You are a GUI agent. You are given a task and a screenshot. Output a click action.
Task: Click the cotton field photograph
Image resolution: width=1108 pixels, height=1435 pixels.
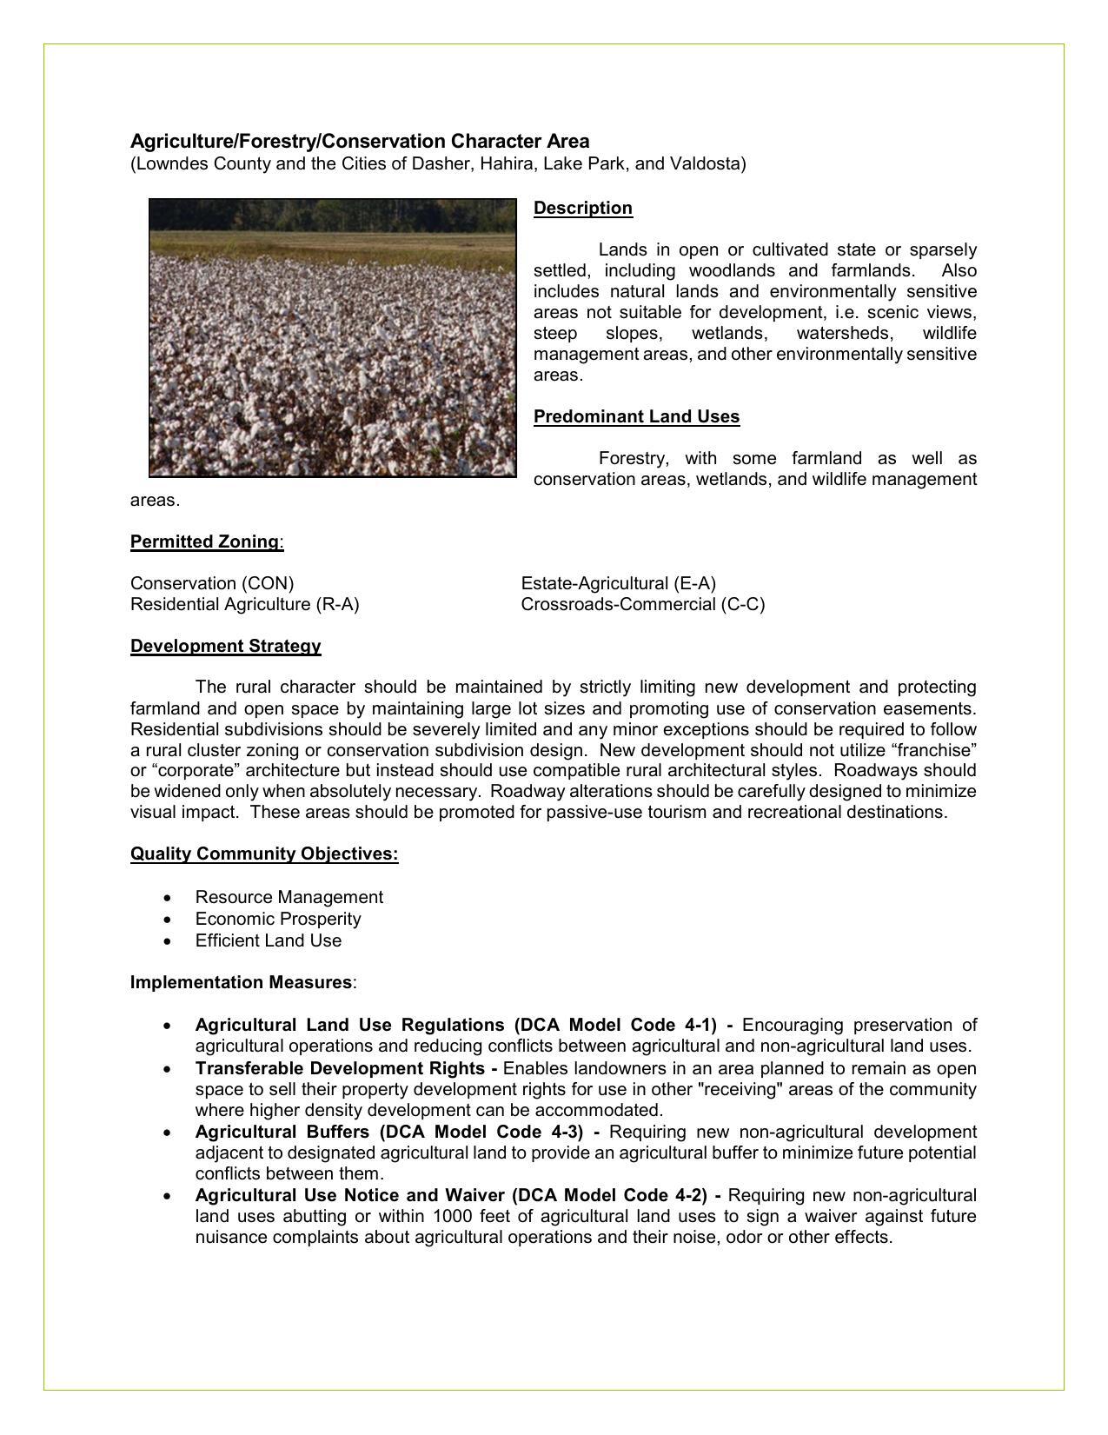tap(333, 337)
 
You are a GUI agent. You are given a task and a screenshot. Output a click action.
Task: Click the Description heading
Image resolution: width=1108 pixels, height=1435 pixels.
tap(582, 208)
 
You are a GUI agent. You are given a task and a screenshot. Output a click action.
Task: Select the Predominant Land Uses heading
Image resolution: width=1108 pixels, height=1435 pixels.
tap(636, 416)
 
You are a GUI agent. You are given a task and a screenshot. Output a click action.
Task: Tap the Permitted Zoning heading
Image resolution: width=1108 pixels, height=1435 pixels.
tap(205, 541)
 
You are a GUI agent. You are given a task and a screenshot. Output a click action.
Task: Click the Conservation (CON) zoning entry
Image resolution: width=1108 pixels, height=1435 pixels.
tap(212, 583)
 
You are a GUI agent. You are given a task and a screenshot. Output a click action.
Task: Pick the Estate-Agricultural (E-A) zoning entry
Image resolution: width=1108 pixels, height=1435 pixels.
tap(618, 583)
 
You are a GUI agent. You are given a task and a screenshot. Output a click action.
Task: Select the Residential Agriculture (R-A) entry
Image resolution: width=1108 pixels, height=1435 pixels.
tap(244, 604)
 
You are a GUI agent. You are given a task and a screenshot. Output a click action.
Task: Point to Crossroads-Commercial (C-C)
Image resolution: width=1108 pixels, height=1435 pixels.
tap(642, 604)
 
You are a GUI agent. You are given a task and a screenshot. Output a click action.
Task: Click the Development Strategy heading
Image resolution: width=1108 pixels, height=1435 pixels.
tap(225, 646)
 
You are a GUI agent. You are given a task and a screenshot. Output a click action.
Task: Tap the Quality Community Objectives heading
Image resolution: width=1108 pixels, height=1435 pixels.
tap(264, 854)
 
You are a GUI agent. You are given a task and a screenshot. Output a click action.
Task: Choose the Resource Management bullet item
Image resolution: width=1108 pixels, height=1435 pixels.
tap(289, 897)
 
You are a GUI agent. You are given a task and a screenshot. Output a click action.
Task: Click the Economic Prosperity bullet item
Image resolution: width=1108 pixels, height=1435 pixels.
tap(277, 919)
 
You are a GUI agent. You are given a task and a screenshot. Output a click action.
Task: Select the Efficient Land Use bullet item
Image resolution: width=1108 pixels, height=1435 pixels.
tap(268, 940)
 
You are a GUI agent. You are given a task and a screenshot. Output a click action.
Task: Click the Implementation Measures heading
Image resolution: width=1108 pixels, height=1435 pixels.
tap(241, 982)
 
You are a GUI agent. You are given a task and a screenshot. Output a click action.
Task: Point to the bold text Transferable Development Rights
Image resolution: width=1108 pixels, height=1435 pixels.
tap(340, 1068)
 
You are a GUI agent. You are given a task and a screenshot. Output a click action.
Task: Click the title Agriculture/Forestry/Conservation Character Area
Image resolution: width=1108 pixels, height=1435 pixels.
tap(360, 141)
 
